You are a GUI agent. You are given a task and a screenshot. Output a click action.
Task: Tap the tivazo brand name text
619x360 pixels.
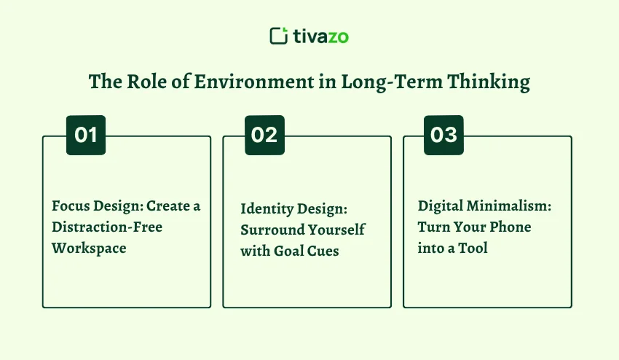321,36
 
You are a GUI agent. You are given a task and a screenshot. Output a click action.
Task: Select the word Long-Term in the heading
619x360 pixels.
389,82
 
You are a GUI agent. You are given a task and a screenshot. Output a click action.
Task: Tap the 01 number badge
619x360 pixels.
86,135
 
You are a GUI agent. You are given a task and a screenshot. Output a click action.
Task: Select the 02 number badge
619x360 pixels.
264,135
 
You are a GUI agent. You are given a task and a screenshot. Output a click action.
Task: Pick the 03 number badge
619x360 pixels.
443,135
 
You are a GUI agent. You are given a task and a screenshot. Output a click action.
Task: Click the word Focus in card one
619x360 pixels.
71,206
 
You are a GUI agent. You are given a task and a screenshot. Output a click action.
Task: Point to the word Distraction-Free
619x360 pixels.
107,227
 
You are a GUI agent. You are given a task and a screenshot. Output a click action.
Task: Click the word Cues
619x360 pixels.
324,251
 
